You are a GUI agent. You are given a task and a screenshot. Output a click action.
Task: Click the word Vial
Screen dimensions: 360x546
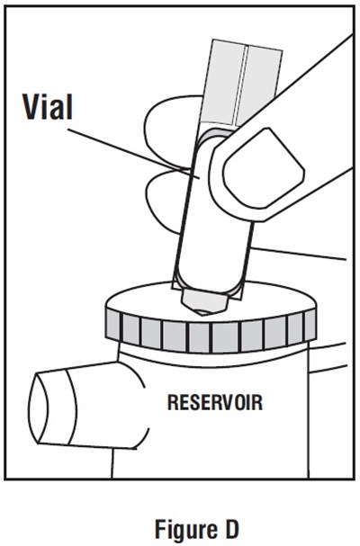(48, 107)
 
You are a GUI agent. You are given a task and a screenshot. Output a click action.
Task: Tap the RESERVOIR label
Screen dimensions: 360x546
(215, 403)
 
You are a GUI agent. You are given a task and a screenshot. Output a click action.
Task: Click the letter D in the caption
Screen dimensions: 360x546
(230, 528)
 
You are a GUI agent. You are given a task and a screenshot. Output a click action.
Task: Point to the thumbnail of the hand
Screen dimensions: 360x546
(264, 168)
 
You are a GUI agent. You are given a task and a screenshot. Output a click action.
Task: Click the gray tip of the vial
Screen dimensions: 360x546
(204, 300)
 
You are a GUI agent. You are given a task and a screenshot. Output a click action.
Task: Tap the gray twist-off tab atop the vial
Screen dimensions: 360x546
(243, 83)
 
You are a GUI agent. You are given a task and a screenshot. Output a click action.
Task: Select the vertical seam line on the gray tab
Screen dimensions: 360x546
(240, 85)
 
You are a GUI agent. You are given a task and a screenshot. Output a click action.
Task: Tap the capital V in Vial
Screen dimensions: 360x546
(33, 106)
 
